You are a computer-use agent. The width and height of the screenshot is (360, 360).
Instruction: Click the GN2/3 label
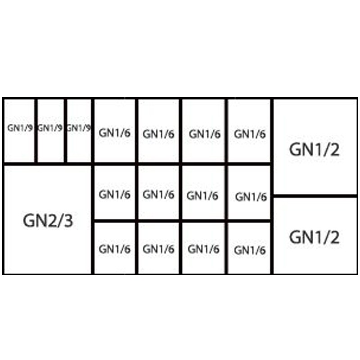tap(48, 220)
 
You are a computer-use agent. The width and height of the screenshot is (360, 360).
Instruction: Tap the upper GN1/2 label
tap(314, 149)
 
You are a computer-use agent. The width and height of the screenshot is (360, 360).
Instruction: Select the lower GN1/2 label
tap(314, 237)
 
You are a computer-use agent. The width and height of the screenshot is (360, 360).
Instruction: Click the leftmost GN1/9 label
tap(20, 128)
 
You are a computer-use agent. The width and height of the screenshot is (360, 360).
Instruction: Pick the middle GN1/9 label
tap(50, 128)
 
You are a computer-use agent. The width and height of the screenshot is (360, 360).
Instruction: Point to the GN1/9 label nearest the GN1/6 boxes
tap(78, 128)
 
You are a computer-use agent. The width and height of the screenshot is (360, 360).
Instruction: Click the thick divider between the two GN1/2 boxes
tap(315, 196)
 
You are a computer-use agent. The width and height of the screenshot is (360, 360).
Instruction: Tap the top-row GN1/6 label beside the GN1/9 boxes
tap(115, 133)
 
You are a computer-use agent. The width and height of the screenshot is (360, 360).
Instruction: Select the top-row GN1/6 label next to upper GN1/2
tap(250, 134)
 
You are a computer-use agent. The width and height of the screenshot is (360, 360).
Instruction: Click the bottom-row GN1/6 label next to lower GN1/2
tap(250, 250)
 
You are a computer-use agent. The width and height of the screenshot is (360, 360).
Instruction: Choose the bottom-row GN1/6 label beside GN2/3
tap(115, 249)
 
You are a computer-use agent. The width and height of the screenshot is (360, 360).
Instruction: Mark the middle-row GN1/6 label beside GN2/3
tap(115, 194)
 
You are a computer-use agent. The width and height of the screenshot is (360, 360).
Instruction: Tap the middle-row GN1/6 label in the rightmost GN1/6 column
tap(251, 197)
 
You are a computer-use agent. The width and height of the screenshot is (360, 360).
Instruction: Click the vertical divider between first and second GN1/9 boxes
tap(36, 131)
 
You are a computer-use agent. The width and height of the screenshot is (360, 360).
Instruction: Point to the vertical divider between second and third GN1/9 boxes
tap(65, 131)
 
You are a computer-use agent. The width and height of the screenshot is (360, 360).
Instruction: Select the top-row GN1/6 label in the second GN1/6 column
tap(158, 134)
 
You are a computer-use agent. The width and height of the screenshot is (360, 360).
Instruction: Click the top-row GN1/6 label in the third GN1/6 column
tap(205, 134)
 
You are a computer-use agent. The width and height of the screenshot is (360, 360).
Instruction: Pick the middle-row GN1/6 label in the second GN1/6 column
tap(158, 194)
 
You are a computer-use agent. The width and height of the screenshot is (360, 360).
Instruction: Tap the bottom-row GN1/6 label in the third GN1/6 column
tap(203, 249)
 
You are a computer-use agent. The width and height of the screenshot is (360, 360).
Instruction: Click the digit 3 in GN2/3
tap(68, 220)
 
